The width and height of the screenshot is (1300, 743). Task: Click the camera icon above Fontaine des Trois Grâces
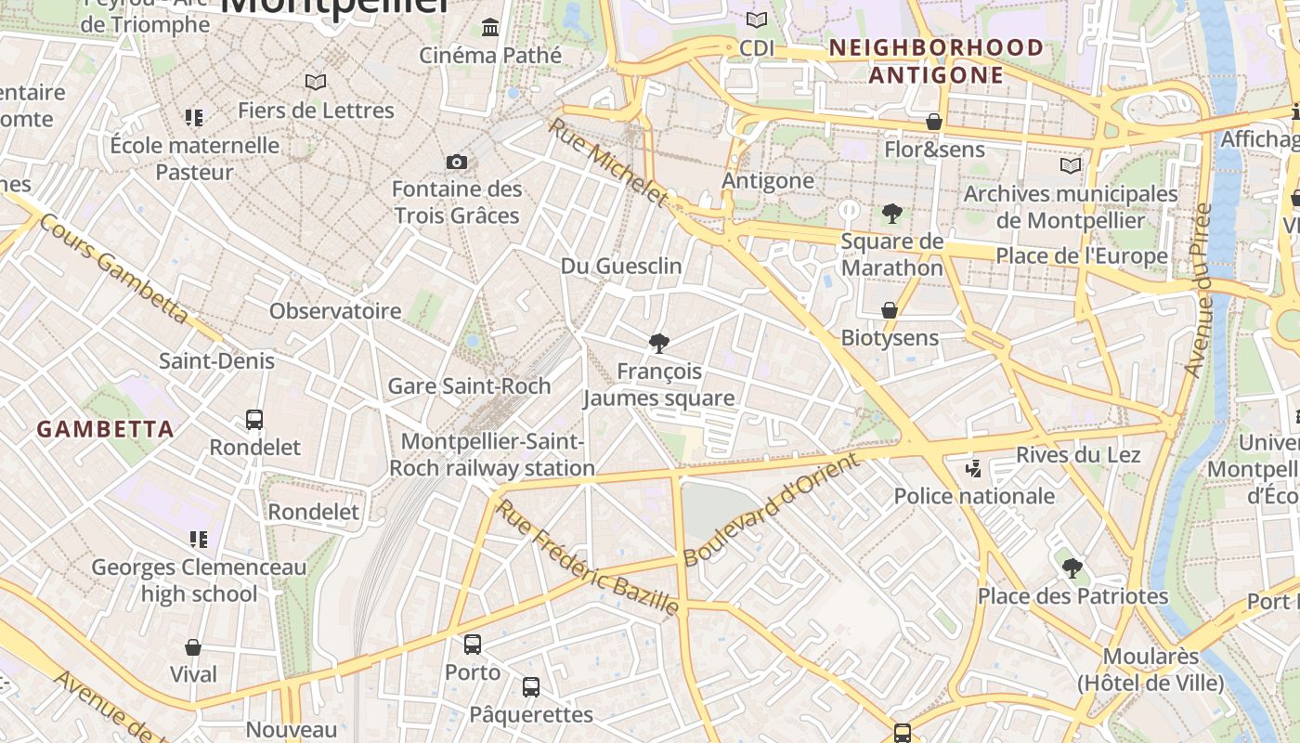point(456,163)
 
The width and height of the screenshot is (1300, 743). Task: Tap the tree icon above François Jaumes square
point(659,345)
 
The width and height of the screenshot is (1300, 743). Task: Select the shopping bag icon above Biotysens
point(890,310)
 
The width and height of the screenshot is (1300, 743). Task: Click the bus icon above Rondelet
point(254,420)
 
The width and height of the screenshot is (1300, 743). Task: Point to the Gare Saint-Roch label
point(469,385)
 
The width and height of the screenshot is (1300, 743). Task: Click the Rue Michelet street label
point(608,162)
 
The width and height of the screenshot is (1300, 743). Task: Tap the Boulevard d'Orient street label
point(771,511)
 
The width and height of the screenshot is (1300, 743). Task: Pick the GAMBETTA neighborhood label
point(106,429)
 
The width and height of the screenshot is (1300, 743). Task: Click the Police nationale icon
point(973,469)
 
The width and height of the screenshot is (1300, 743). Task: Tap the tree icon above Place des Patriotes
point(1072,567)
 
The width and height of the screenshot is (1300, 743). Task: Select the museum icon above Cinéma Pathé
point(490,28)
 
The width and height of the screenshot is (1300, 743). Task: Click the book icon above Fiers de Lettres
point(316,83)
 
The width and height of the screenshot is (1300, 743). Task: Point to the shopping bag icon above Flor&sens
point(934,123)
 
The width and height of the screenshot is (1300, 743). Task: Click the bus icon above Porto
point(473,644)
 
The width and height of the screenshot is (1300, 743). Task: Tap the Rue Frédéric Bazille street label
point(587,558)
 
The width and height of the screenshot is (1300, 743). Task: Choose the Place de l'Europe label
point(1082,255)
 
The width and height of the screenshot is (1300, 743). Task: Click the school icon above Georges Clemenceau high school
point(198,540)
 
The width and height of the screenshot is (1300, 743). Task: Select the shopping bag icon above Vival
point(193,647)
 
